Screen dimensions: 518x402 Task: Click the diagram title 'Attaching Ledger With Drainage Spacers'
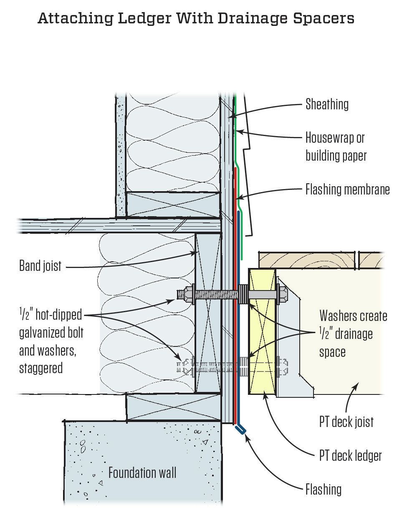pos(196,18)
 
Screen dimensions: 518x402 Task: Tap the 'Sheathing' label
pos(327,104)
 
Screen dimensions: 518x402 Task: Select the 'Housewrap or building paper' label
pos(336,147)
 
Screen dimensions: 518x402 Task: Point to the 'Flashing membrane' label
pos(347,190)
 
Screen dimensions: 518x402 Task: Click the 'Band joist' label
pos(40,265)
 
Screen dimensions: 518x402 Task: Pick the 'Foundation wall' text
pos(142,473)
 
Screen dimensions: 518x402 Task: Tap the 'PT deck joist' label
pos(346,422)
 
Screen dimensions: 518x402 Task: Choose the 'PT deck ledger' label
pos(350,455)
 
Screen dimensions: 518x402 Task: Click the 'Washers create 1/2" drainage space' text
pos(353,334)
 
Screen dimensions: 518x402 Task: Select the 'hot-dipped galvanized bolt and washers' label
pos(51,341)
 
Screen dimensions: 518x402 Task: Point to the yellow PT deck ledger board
pos(262,334)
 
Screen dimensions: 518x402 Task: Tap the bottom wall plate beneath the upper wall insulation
pos(173,205)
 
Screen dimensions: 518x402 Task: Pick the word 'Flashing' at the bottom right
pos(323,489)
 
